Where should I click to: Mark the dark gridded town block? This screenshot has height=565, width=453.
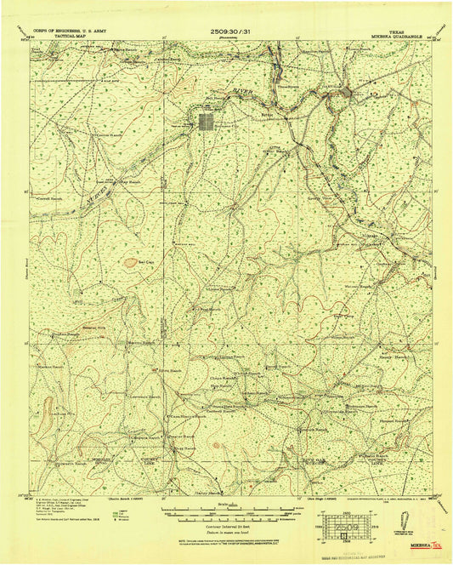pyautogui.click(x=207, y=122)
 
